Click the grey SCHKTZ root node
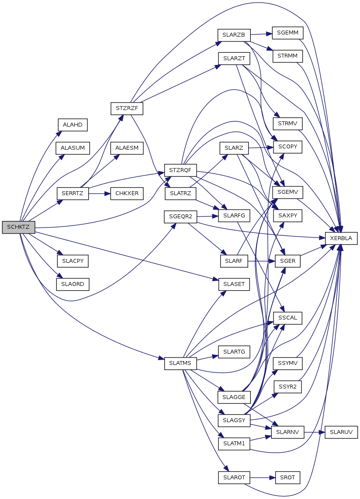click(18, 227)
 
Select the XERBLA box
click(342, 238)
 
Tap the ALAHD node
click(73, 124)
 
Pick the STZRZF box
click(127, 108)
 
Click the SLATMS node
click(180, 363)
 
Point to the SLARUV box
click(341, 431)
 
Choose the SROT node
click(287, 478)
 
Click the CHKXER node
click(127, 193)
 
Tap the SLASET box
click(234, 284)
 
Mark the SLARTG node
click(234, 351)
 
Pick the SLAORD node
click(73, 284)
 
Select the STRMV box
click(287, 124)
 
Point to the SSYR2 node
click(287, 386)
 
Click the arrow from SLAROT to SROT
click(262, 478)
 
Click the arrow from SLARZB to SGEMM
click(261, 34)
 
